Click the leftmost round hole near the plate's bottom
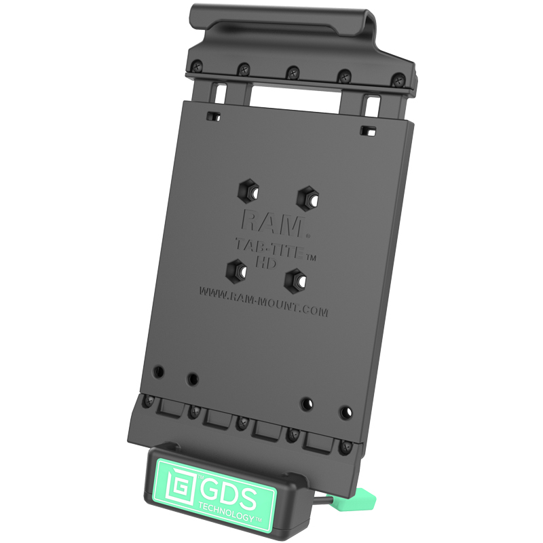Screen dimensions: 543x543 pyautogui.click(x=159, y=372)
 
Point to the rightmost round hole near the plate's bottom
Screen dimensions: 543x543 pyautogui.click(x=347, y=411)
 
